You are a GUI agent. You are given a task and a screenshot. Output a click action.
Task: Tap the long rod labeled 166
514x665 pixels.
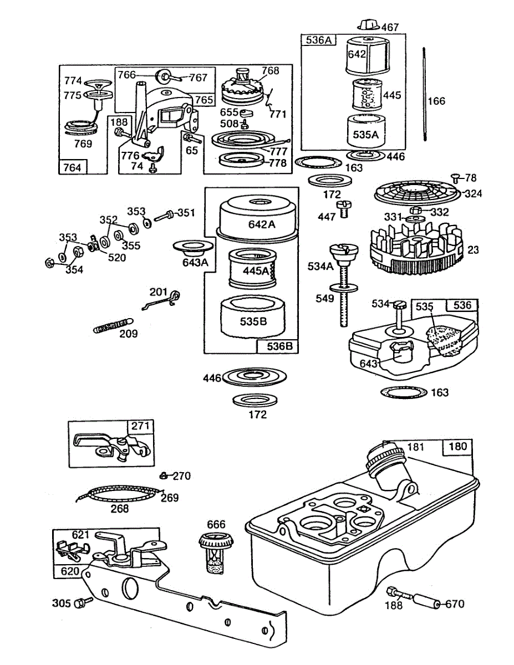pos(424,100)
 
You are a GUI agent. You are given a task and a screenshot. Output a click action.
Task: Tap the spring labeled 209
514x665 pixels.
pos(113,324)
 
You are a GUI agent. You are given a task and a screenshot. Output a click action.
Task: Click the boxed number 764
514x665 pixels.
pos(73,167)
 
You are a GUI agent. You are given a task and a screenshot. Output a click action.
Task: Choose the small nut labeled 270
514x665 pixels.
pos(164,475)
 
